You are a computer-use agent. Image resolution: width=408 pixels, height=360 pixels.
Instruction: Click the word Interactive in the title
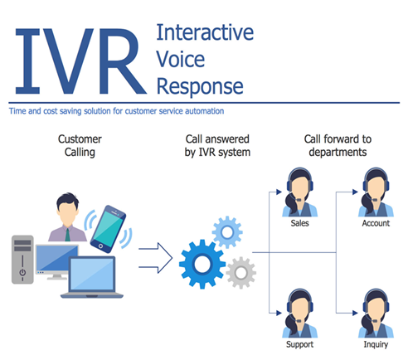pos(205,34)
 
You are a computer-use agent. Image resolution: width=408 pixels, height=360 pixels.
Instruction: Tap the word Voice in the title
pos(179,61)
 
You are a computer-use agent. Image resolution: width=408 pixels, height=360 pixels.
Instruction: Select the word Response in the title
pos(200,86)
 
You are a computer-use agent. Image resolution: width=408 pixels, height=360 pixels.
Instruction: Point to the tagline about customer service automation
pos(117,110)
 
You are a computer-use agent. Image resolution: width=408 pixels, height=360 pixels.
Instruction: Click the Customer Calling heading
pos(80,145)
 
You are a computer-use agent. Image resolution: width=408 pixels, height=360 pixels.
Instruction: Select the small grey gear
pos(240,270)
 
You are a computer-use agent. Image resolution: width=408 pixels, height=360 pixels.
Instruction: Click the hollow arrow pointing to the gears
pos(155,255)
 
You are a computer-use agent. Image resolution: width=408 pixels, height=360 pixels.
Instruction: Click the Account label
pos(376,224)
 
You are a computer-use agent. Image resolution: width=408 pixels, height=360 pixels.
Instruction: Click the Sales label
pos(299,224)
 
